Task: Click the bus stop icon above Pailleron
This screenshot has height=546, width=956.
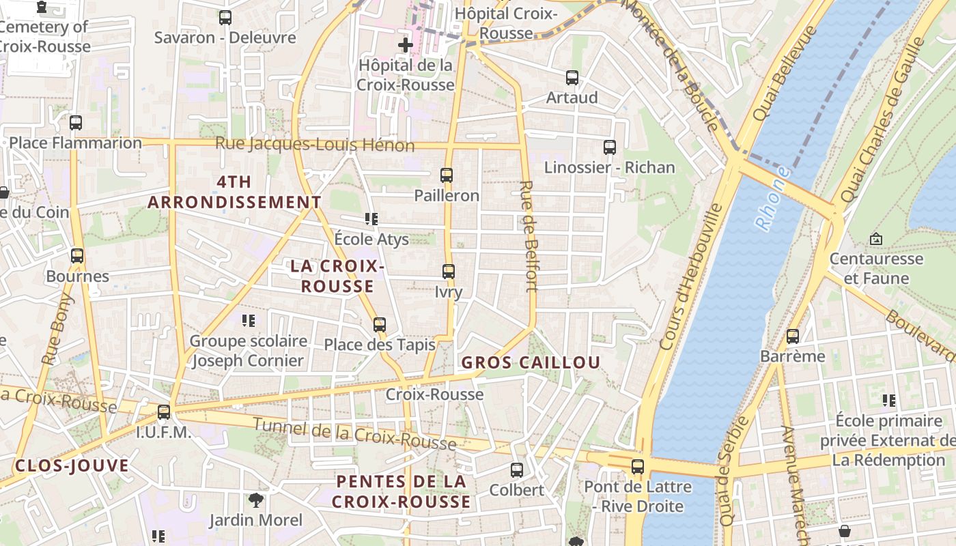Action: [447, 175]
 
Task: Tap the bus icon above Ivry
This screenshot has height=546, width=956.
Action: [449, 272]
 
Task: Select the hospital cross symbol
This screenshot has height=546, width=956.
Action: [406, 46]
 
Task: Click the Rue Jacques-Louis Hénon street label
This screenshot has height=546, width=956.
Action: [315, 145]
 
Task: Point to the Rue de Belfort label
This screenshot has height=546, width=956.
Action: [529, 236]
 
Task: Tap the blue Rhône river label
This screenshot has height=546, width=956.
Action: [773, 199]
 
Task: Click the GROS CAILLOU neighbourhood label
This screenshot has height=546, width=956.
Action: [531, 362]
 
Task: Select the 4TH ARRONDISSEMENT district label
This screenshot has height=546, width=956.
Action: [234, 192]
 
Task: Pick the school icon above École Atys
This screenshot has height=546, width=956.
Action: [371, 219]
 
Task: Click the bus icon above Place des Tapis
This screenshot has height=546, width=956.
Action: [380, 325]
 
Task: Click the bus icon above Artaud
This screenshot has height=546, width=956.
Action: [572, 78]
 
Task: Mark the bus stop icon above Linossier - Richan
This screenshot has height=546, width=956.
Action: [610, 147]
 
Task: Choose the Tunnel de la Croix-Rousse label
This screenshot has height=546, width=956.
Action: [354, 434]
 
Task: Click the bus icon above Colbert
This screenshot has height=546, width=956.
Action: [517, 470]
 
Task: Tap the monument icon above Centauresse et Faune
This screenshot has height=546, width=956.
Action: [876, 239]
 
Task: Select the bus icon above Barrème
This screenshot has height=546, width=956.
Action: [793, 336]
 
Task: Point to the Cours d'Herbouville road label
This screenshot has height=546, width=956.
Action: [691, 276]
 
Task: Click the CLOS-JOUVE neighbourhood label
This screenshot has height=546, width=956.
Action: [72, 466]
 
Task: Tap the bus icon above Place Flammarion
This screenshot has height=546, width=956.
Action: [76, 123]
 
